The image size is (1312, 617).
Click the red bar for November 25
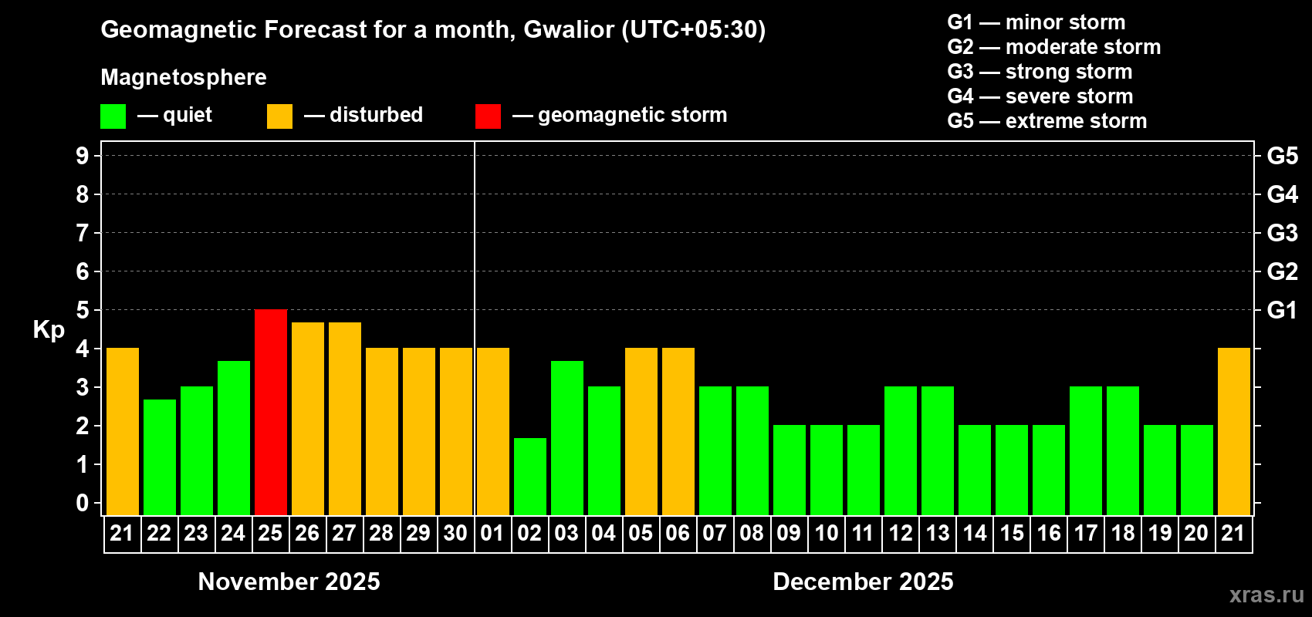pos(271,412)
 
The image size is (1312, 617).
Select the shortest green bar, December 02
pos(530,476)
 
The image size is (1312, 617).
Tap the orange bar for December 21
pos(1234,431)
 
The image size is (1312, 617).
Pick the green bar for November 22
pos(160,457)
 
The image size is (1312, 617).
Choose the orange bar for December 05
pos(641,431)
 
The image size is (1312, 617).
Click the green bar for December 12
pos(901,450)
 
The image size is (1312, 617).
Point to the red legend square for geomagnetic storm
pos(488,116)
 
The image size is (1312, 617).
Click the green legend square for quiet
pos(113,116)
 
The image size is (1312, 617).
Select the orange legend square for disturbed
pos(279,116)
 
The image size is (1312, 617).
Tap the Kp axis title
pos(49,329)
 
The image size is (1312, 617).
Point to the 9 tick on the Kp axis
pos(83,156)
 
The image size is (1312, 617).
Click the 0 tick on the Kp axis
pos(83,503)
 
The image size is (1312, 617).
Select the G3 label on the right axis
pos(1282,233)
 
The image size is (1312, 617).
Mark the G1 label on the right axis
pos(1282,310)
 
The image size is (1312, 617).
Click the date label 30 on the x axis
pos(455,533)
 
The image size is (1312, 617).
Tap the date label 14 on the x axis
pos(975,533)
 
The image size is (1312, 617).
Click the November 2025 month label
pos(289,582)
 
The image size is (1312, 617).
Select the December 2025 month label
pos(863,582)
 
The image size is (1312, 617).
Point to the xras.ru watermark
pos(1266,595)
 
